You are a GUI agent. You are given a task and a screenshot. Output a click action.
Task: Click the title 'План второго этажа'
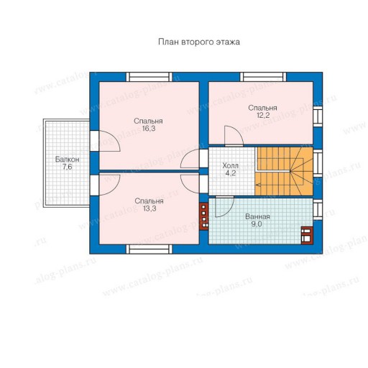(x=199, y=42)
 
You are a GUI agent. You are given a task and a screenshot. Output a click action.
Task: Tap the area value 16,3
(x=149, y=129)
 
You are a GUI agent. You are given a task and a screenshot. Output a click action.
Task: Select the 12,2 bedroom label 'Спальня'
(x=262, y=108)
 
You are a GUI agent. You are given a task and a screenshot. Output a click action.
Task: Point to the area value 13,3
(x=149, y=208)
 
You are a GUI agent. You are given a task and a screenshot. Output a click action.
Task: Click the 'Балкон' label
(x=67, y=160)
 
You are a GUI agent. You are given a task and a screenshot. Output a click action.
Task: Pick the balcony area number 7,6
(x=68, y=167)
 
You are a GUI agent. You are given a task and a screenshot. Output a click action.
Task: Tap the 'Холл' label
(x=230, y=165)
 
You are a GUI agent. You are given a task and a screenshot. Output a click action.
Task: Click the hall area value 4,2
(x=231, y=173)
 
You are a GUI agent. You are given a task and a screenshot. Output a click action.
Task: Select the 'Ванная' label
(x=257, y=216)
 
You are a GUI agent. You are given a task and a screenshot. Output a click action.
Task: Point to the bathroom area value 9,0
(x=257, y=224)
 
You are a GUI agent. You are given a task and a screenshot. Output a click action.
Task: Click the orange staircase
(x=284, y=171)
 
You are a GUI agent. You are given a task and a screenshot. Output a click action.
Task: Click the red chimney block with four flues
(x=204, y=216)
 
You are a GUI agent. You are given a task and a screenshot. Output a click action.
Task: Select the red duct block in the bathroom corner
(x=307, y=235)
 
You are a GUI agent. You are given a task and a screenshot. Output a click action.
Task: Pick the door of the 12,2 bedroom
(x=234, y=136)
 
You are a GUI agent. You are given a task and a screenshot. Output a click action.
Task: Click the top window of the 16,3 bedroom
(x=149, y=77)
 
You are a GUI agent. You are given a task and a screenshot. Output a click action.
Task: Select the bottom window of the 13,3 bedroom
(x=149, y=249)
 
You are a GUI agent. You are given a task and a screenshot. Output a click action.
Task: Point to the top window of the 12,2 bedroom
(x=263, y=77)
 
